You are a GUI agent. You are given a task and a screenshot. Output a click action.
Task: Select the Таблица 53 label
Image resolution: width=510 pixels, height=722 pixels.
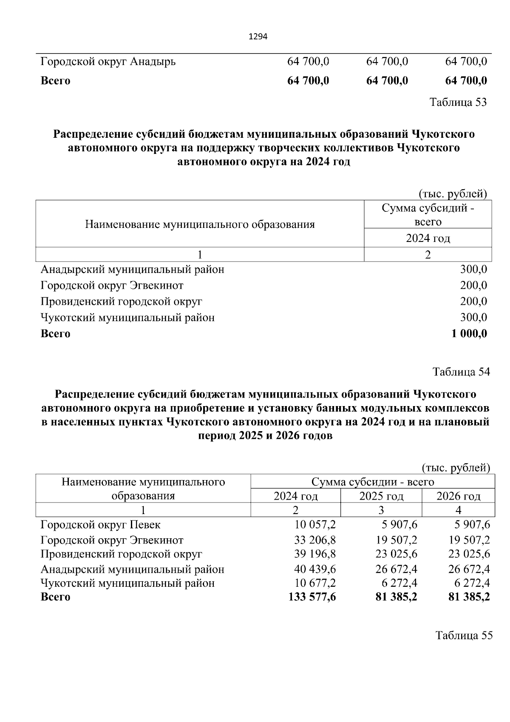click(x=458, y=102)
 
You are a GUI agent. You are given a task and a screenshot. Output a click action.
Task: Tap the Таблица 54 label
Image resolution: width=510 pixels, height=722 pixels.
click(x=461, y=372)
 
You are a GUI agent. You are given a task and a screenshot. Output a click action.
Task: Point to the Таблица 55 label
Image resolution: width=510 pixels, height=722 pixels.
click(x=464, y=635)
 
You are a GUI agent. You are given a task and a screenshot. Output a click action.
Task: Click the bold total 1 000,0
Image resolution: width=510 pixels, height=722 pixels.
click(x=469, y=334)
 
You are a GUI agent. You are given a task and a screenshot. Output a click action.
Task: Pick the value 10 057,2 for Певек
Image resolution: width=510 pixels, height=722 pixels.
click(x=315, y=525)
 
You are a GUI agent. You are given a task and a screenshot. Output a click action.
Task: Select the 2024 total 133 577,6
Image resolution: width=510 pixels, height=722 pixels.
click(x=312, y=597)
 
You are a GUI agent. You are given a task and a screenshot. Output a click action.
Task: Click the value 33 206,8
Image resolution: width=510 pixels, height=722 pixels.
click(x=315, y=540)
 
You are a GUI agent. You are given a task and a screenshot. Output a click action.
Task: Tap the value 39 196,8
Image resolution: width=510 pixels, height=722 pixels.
click(x=315, y=554)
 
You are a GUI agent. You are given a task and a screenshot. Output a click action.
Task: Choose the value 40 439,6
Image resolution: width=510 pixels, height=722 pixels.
click(x=315, y=569)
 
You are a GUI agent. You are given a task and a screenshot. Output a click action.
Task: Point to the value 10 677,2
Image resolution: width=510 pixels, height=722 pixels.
click(x=315, y=583)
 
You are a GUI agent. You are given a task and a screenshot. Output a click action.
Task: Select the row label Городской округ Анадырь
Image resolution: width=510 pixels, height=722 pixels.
click(x=108, y=62)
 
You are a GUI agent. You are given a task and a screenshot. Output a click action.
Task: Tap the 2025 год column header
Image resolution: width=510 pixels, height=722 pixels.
click(x=381, y=496)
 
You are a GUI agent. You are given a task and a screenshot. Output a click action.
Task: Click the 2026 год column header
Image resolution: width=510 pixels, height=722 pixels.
click(x=459, y=496)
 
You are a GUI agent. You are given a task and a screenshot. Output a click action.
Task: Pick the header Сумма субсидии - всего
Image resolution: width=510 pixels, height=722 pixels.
click(x=373, y=482)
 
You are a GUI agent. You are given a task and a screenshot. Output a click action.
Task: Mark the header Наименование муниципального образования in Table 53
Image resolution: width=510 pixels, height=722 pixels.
click(x=200, y=224)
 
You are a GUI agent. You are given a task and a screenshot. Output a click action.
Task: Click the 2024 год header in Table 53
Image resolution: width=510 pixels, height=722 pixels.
click(x=428, y=238)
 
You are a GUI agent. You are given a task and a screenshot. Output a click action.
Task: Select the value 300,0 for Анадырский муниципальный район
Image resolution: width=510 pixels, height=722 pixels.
click(x=473, y=270)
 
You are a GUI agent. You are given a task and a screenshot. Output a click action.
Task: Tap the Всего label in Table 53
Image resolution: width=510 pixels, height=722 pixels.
click(x=55, y=334)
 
